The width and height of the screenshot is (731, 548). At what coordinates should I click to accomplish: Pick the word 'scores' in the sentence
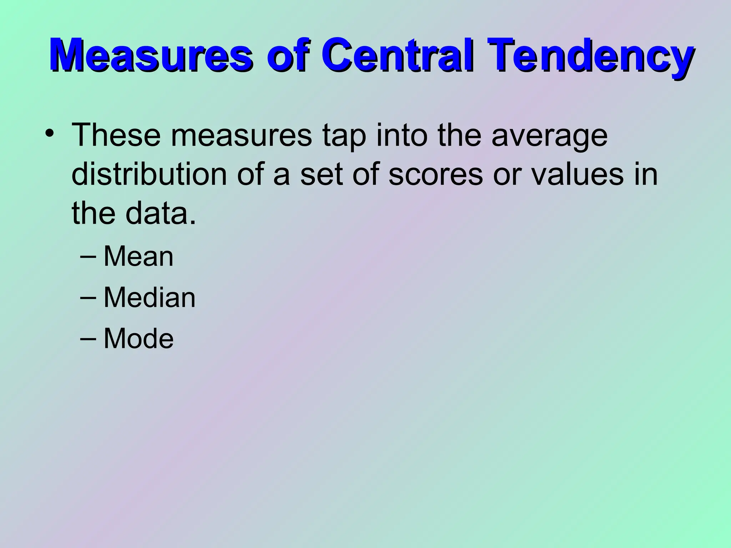point(435,176)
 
